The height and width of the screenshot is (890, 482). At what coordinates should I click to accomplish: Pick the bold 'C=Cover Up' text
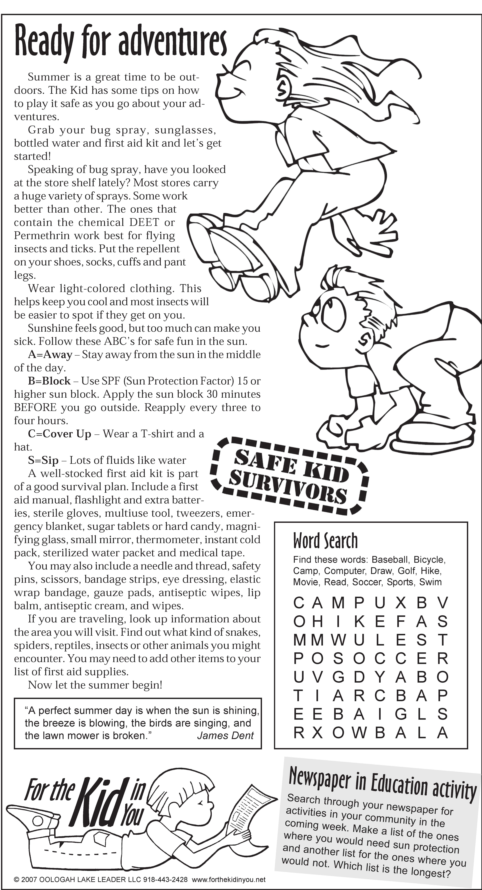pyautogui.click(x=59, y=434)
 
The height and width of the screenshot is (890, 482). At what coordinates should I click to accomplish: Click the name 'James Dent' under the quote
pyautogui.click(x=225, y=736)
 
